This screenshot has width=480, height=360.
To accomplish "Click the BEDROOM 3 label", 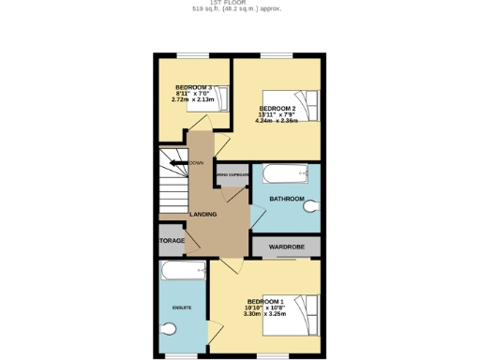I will [x=192, y=88].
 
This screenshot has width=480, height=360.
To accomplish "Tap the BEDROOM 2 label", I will [x=277, y=109].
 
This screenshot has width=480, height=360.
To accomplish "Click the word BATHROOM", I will [x=287, y=199].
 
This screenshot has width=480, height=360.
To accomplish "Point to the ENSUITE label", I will [x=182, y=307].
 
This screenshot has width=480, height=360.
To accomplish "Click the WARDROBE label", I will [x=287, y=247].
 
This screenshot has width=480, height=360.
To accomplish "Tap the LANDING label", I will [x=203, y=215].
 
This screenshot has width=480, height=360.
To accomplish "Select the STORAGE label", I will [x=172, y=241].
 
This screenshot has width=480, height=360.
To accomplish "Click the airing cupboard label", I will [x=232, y=174].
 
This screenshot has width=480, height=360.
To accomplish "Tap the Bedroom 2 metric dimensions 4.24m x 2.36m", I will [x=277, y=121].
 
